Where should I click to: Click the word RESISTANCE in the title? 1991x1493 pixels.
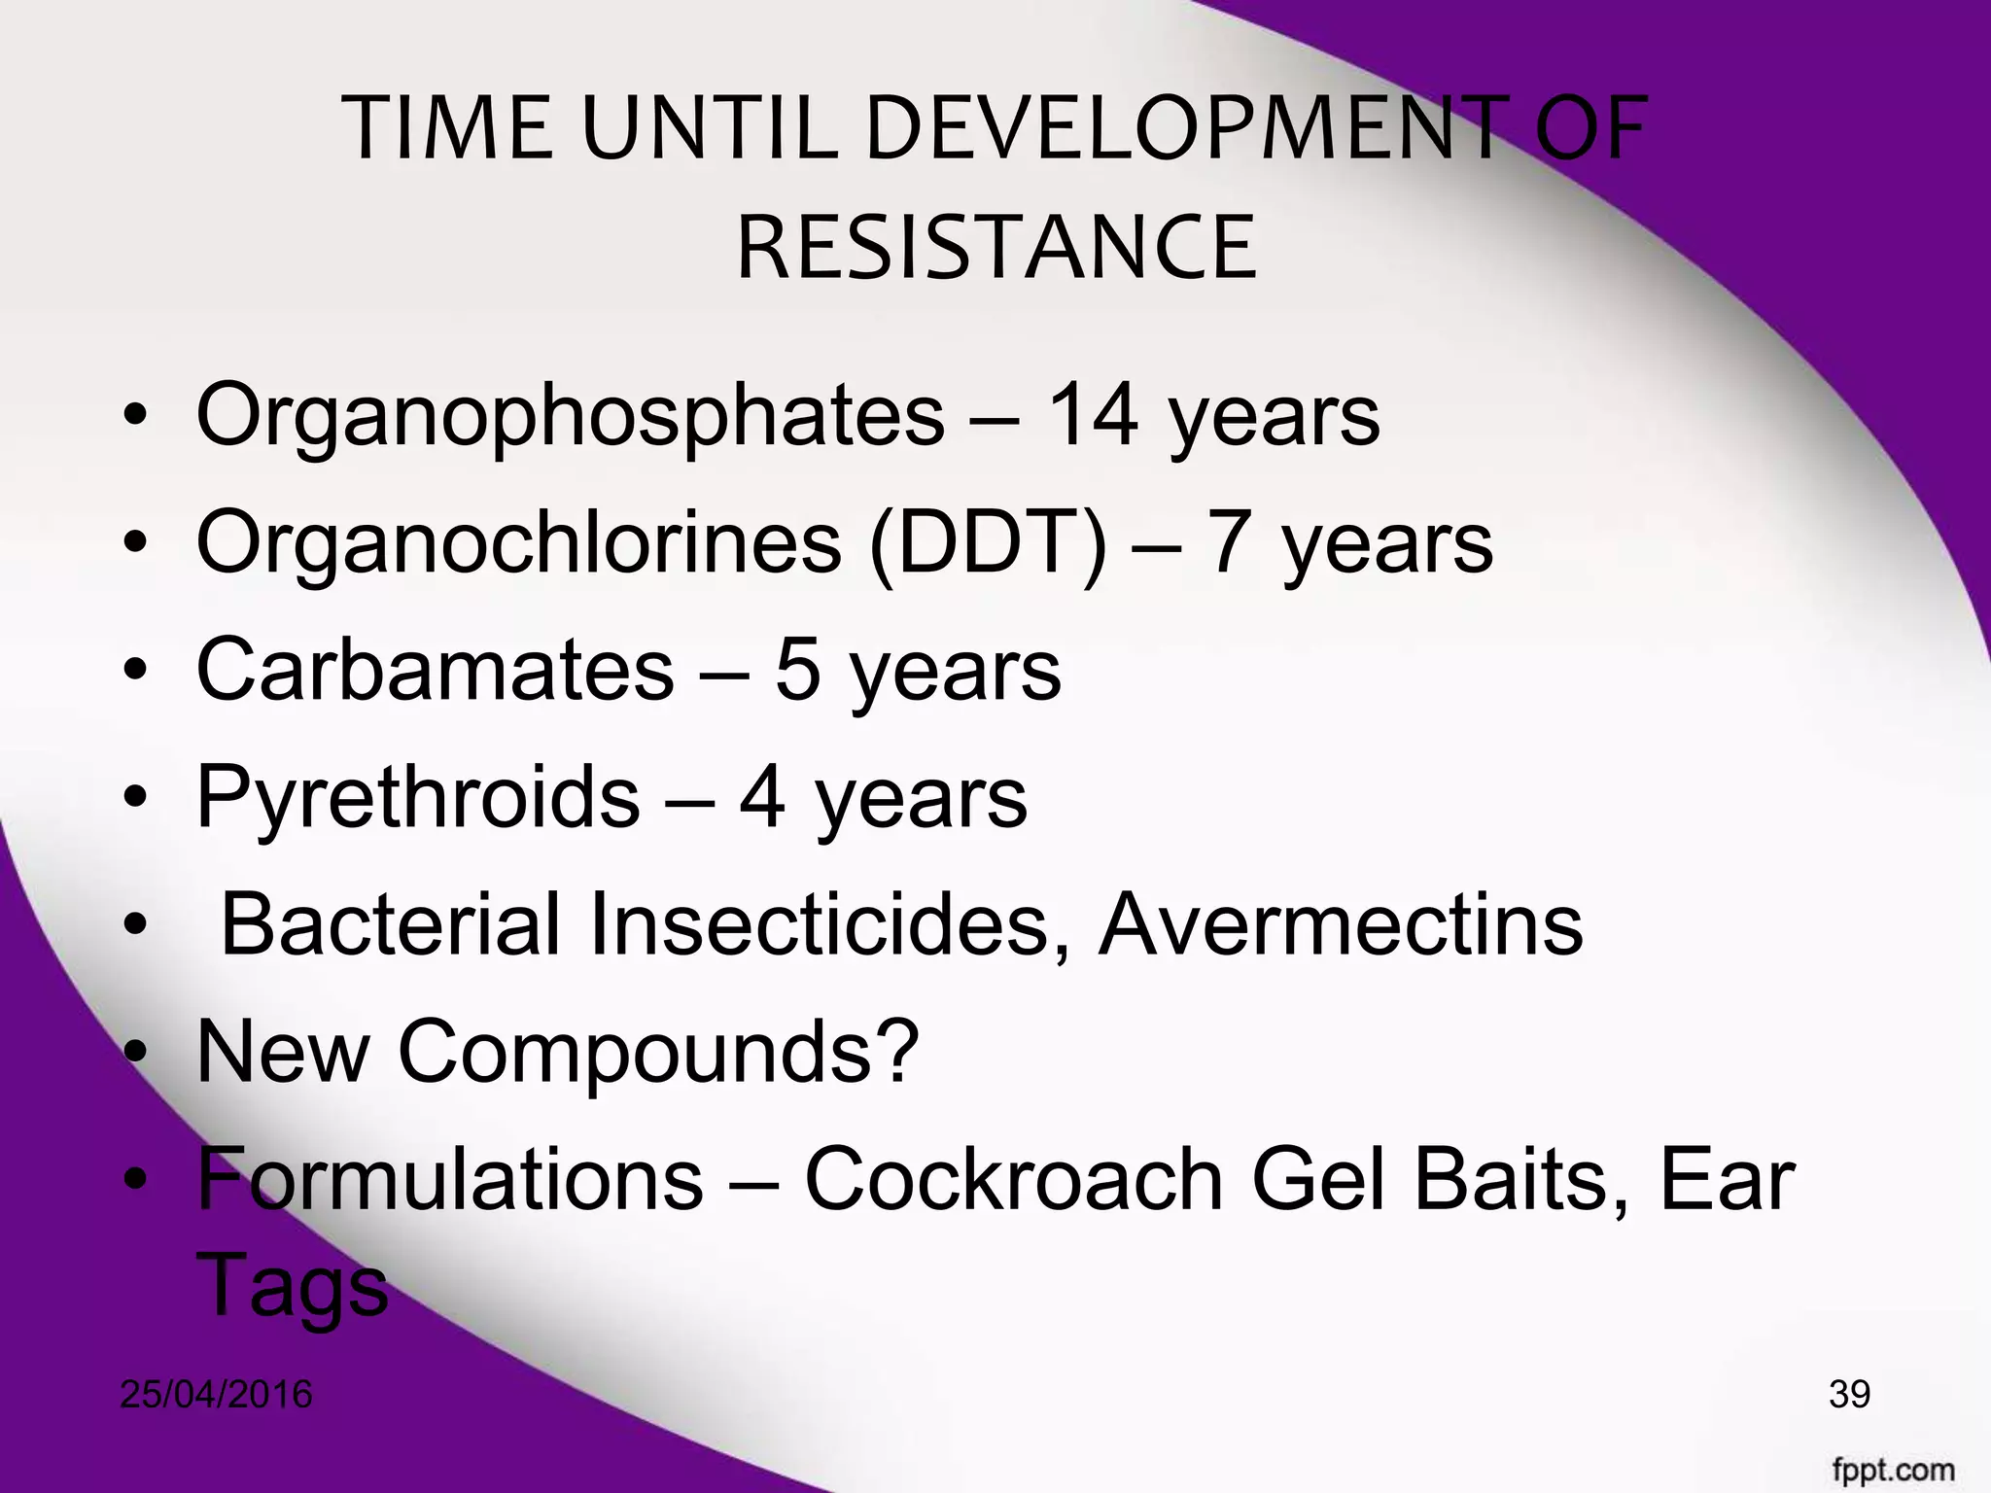tap(996, 250)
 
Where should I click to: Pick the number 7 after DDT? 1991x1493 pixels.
tap(1227, 542)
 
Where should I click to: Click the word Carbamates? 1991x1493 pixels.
tap(435, 670)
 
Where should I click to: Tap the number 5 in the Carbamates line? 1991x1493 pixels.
tap(797, 671)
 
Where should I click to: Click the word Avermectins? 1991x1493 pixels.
tap(1341, 924)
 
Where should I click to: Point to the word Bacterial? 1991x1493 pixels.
tap(391, 924)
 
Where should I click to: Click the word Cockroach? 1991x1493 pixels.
tap(1014, 1180)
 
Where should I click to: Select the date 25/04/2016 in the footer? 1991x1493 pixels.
tap(216, 1395)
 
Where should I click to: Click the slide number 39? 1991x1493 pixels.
tap(1849, 1394)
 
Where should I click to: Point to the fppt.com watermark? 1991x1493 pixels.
tap(1894, 1469)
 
